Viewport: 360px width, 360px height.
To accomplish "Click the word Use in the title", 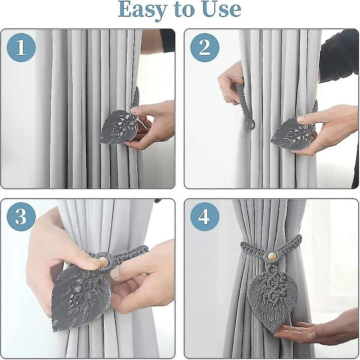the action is click(222, 9).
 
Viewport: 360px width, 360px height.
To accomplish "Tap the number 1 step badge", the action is click(21, 48).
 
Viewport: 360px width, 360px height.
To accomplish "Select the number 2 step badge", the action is click(205, 48).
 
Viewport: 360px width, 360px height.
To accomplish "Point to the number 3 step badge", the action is click(21, 217).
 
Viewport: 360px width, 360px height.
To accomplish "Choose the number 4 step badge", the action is click(205, 217).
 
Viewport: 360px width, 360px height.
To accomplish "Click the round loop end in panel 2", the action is click(252, 124).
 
